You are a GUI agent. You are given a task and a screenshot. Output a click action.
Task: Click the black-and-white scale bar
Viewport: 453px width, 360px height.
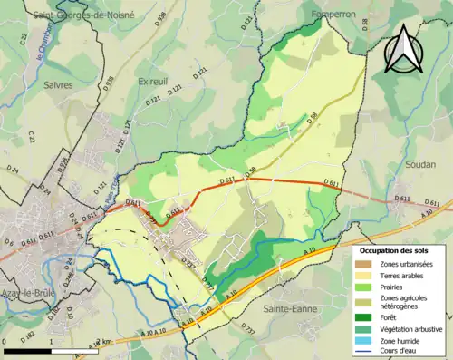pos(49,350)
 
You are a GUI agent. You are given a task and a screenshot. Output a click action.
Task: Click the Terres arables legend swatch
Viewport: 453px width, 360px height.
pos(366,275)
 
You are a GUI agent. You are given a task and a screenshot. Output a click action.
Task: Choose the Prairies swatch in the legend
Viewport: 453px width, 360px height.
pos(366,287)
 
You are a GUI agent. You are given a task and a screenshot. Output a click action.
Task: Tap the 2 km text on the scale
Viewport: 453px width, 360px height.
pos(107,342)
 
